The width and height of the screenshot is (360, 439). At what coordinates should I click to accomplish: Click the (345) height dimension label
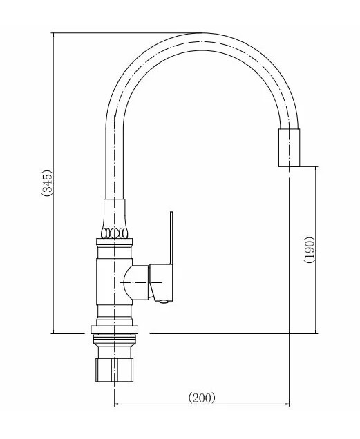(47, 183)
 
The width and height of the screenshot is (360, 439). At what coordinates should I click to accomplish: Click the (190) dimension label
(310, 250)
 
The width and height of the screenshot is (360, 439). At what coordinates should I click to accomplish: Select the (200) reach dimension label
(202, 398)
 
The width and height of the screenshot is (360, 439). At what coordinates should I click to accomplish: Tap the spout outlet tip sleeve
(289, 148)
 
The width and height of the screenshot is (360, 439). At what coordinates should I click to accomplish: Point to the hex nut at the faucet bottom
(115, 370)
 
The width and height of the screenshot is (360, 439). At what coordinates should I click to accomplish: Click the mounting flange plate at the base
(115, 330)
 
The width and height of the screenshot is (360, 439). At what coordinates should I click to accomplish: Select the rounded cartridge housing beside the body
(136, 282)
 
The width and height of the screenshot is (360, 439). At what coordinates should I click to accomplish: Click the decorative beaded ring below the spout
(115, 233)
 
